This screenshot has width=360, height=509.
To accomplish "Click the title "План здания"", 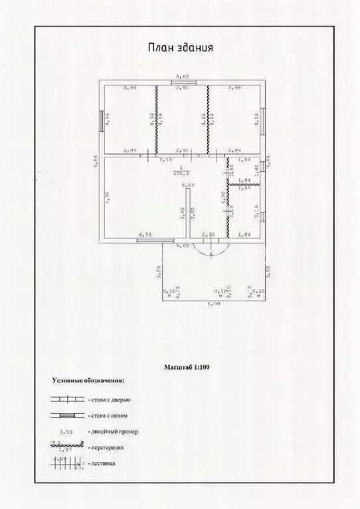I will coord(179,48).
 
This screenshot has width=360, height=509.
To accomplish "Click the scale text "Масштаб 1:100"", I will coord(187,366).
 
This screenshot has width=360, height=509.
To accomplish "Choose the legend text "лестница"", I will coord(101,465).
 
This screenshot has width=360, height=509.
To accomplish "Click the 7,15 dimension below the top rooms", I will coord(163,160).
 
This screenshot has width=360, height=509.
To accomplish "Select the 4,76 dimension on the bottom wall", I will coord(145,235).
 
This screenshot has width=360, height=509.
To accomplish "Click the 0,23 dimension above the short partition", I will coord(188,185).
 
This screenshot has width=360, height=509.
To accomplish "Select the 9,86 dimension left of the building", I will coord(96,161).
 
